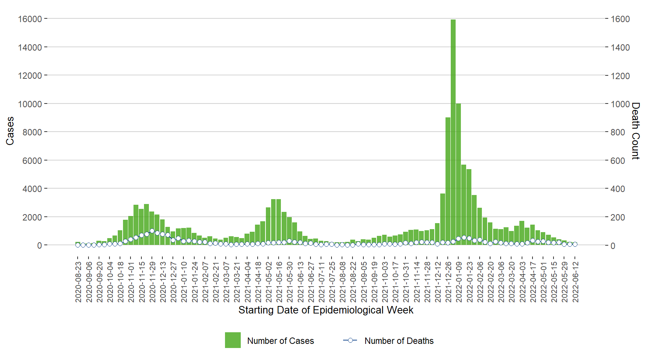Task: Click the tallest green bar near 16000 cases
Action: [453, 131]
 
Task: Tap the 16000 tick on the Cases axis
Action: [30, 19]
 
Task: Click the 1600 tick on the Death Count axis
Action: [620, 19]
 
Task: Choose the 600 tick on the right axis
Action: [618, 160]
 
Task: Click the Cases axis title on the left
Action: [10, 131]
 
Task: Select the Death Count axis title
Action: [635, 131]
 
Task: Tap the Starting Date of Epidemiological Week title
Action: [325, 310]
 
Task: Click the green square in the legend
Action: [232, 340]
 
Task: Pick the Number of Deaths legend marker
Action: [350, 340]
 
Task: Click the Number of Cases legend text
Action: [280, 341]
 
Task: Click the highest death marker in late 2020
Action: [152, 231]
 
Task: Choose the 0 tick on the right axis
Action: [613, 246]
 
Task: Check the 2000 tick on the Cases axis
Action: [32, 217]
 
